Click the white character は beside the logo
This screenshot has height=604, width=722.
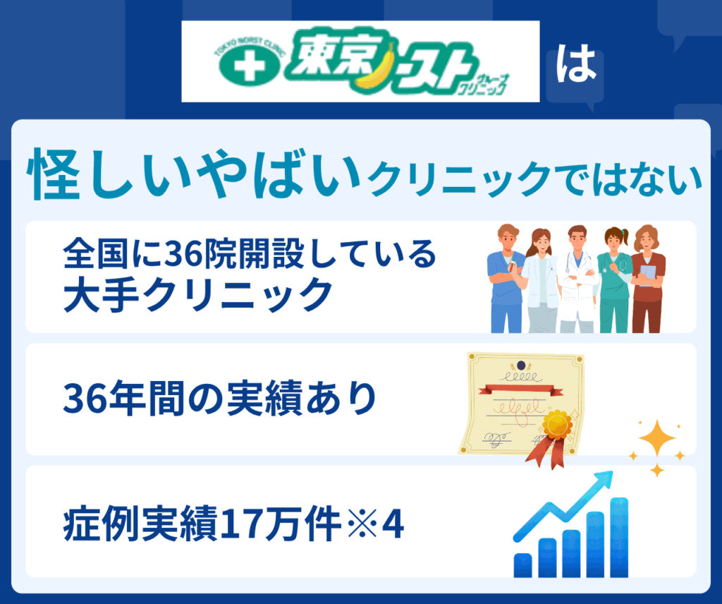pos(576,64)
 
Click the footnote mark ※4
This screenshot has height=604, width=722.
pos(376,524)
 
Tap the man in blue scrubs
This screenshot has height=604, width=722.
pos(506,278)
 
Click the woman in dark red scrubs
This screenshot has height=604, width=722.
pos(648,279)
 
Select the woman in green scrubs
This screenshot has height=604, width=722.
pos(615,279)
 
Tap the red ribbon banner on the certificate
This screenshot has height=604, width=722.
pos(521,392)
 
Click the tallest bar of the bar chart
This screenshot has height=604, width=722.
pos(619,537)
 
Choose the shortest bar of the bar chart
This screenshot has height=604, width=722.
pos(522,565)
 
